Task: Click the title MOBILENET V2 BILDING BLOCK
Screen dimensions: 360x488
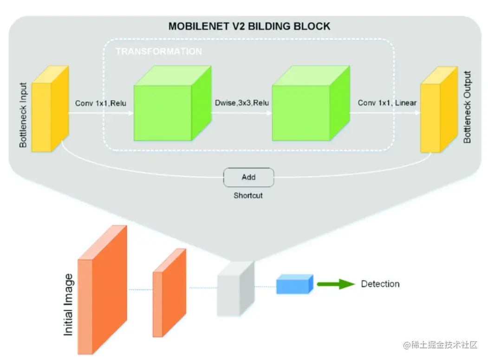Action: pos(249,26)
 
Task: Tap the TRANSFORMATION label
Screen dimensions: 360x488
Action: pos(159,51)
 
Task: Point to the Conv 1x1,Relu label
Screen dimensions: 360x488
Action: pos(100,103)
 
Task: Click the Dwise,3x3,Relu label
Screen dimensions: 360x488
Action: pos(242,103)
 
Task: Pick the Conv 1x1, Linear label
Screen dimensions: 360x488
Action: pos(387,103)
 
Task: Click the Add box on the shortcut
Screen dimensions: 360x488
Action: pos(248,177)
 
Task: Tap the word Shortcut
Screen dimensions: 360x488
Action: pos(248,196)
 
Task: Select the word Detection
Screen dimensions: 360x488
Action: pos(380,284)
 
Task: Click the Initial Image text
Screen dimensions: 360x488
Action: pos(68,305)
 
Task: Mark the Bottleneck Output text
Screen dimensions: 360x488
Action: pos(467,107)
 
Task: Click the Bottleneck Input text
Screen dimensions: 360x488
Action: pos(23,116)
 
